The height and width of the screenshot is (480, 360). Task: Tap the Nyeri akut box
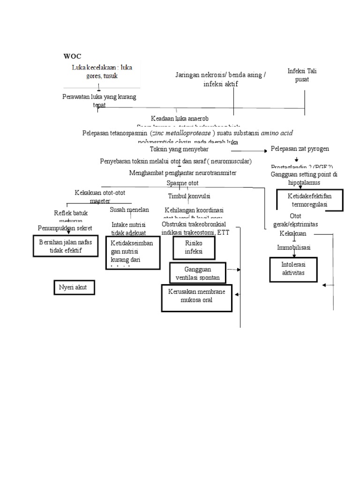pos(74,287)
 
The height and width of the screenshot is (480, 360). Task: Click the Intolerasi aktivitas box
pos(293,270)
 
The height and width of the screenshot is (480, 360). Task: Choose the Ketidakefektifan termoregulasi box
pos(309,201)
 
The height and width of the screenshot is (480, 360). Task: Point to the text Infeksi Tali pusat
pos(299,75)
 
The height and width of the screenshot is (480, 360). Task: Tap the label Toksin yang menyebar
pos(179,149)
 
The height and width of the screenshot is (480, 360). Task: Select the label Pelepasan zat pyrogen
pos(300,149)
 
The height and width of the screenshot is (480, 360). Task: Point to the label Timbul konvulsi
pos(189,196)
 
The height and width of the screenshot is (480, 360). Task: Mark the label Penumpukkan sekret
pos(65,228)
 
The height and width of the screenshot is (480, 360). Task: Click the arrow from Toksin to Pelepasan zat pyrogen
pos(248,150)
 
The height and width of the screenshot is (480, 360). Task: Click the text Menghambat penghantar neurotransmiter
pos(182,173)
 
